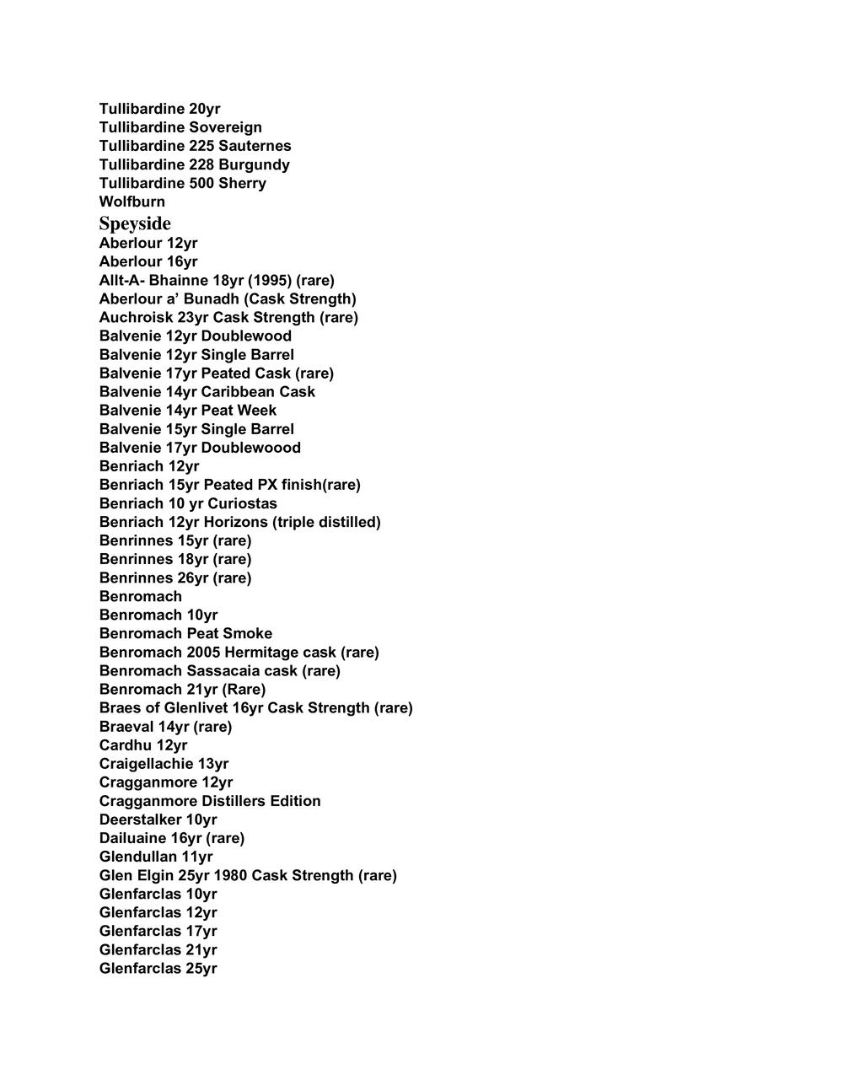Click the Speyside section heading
click(135, 223)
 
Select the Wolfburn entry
click(132, 202)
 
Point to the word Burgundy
click(254, 164)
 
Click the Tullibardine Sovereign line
click(180, 127)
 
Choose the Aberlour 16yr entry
click(148, 261)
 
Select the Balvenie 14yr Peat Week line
click(188, 410)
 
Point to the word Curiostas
click(243, 503)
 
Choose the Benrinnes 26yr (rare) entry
click(175, 578)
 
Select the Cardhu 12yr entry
click(143, 744)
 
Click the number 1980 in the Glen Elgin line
click(230, 875)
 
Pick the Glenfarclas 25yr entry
click(158, 968)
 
